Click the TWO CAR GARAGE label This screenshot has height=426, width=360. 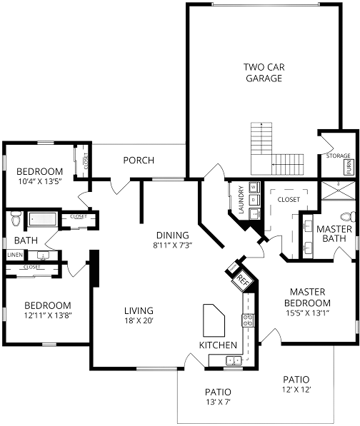pyautogui.click(x=264, y=73)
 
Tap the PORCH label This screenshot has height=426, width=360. pyautogui.click(x=139, y=161)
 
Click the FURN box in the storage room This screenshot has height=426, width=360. pyautogui.click(x=349, y=167)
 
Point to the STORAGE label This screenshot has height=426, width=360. pyautogui.click(x=339, y=156)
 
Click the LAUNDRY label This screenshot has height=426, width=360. pyautogui.click(x=241, y=199)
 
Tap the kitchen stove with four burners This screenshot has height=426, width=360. pyautogui.click(x=248, y=320)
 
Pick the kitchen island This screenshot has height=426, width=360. pyautogui.click(x=214, y=320)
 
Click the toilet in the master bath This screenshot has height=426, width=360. pyautogui.click(x=347, y=217)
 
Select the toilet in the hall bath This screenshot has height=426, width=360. pyautogui.click(x=16, y=219)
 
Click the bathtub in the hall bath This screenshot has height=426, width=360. pyautogui.click(x=43, y=219)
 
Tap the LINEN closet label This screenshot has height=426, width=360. pyautogui.click(x=15, y=255)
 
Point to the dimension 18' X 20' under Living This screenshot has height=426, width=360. pyautogui.click(x=139, y=321)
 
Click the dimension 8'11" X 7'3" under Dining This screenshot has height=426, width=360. pyautogui.click(x=173, y=245)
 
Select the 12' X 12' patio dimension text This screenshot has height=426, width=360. pyautogui.click(x=296, y=390)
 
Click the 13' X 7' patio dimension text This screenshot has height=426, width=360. pyautogui.click(x=218, y=402)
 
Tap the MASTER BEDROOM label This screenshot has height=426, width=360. pyautogui.click(x=307, y=298)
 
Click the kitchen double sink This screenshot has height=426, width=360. pyautogui.click(x=234, y=360)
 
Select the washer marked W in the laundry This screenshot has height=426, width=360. pyautogui.click(x=254, y=187)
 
